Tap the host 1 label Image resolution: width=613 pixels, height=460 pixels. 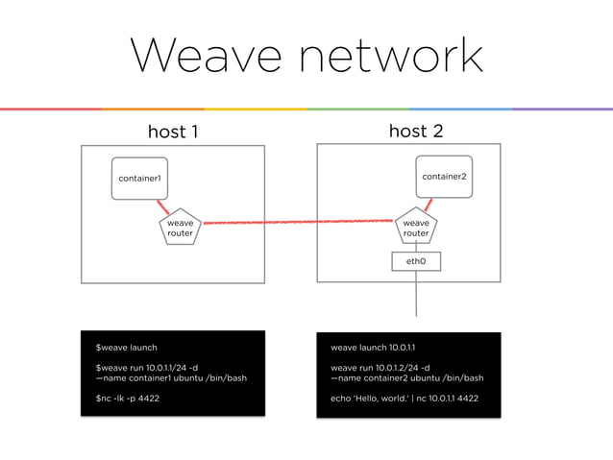(172, 131)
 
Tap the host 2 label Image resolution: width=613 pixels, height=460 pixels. (415, 131)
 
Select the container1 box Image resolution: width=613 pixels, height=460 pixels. (139, 179)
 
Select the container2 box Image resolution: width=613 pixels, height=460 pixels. (443, 177)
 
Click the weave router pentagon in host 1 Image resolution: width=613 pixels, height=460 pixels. (180, 227)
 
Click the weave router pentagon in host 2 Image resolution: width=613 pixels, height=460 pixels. (415, 227)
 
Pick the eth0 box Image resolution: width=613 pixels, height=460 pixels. (416, 261)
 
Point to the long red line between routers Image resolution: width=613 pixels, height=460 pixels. (298, 223)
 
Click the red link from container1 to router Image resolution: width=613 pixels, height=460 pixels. (163, 207)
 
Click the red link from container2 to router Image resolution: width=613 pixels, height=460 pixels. (428, 206)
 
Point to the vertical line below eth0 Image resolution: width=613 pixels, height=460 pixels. (416, 293)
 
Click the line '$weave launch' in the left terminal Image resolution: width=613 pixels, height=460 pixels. (126, 348)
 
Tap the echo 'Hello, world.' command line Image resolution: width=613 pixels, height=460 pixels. (404, 398)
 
